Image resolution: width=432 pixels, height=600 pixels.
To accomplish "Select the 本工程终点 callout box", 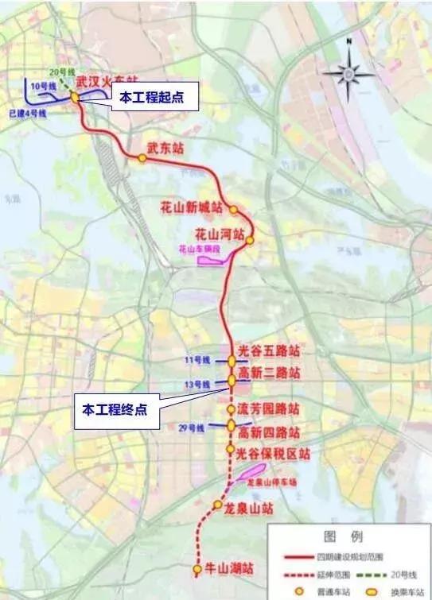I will tap(115, 410).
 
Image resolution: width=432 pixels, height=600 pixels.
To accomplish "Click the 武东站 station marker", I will tap(142, 158).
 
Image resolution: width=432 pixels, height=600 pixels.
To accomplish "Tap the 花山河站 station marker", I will tap(250, 240).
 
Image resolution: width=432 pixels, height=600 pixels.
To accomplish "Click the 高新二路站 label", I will tap(269, 373).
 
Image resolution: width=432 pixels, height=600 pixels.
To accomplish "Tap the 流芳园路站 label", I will tap(269, 409).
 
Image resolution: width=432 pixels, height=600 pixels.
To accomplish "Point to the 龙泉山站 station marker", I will tap(216, 505).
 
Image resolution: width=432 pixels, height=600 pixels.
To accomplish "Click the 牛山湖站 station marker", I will tap(197, 568).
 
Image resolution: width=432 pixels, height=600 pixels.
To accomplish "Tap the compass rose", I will tap(348, 75).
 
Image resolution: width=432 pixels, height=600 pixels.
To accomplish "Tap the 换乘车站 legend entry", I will tap(389, 591).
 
